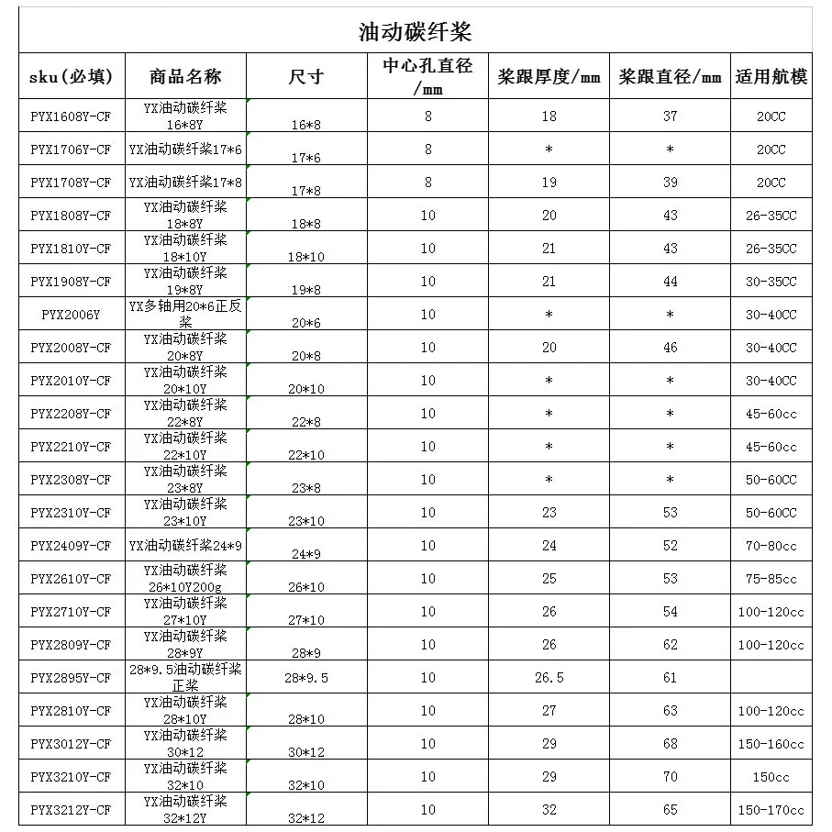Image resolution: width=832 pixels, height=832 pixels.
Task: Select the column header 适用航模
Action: click(771, 77)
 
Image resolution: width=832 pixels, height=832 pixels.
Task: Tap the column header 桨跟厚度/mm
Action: click(549, 77)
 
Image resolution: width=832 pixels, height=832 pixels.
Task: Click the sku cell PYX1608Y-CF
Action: click(71, 116)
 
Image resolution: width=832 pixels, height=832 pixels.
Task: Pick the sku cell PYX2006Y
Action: click(71, 315)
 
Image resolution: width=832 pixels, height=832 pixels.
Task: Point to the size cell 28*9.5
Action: click(307, 679)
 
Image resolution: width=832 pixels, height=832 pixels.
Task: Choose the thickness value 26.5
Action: click(549, 678)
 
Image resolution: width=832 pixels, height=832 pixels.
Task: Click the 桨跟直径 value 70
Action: click(670, 777)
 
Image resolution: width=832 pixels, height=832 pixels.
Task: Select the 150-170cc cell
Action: click(771, 810)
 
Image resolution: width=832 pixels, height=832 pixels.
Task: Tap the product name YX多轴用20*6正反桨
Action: click(185, 314)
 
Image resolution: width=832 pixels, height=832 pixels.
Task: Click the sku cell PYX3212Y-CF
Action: click(71, 810)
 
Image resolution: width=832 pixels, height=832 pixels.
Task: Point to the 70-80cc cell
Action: click(771, 546)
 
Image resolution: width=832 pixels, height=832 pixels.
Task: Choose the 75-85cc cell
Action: click(771, 579)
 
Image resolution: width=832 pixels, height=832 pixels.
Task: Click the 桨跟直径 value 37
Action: click(670, 116)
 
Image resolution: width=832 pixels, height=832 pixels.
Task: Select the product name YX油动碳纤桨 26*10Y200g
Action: click(185, 578)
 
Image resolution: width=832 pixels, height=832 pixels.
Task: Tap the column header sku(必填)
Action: click(71, 77)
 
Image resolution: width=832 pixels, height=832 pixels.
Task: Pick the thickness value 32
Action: click(549, 810)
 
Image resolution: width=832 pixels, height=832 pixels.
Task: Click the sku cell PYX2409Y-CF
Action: click(71, 546)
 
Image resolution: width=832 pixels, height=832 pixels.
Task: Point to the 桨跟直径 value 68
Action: click(670, 744)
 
